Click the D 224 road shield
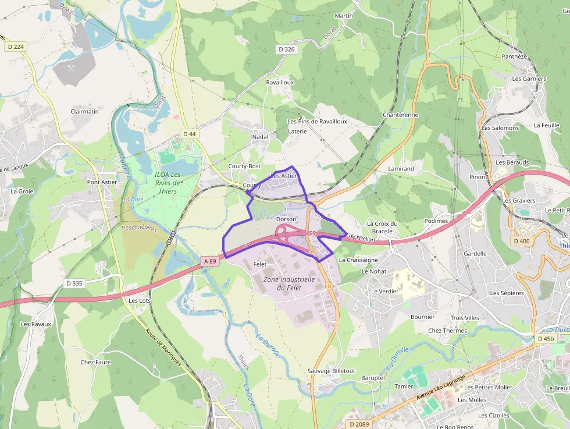[16, 47]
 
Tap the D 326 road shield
[287, 49]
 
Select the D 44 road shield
[190, 134]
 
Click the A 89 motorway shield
[210, 261]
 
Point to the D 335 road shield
[74, 283]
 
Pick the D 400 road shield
[522, 241]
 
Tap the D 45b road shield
[546, 339]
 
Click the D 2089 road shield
[359, 424]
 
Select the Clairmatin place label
[85, 111]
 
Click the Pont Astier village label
[102, 182]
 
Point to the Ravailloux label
[280, 83]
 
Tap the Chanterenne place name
[400, 115]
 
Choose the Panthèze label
[514, 56]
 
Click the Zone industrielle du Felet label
[289, 283]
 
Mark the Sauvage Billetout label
[331, 371]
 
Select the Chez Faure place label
[95, 362]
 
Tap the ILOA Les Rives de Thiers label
[168, 183]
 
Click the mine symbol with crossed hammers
[72, 68]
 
